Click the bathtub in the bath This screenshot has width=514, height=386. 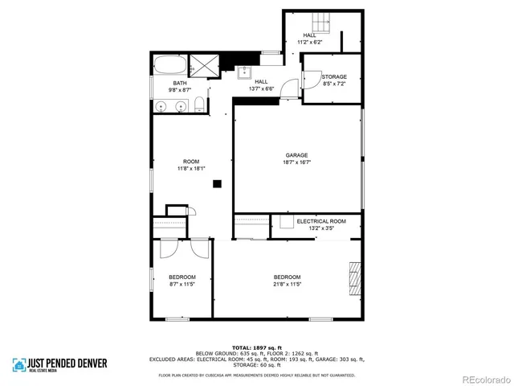(169, 64)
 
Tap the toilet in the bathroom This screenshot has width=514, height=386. (198, 105)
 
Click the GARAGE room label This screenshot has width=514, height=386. (297, 155)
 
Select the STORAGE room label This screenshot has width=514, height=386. (334, 77)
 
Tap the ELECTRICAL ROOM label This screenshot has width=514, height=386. (321, 221)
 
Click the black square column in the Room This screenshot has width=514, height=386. (216, 184)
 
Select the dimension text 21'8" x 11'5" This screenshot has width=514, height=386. (287, 284)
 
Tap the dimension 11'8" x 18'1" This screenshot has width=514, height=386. (191, 169)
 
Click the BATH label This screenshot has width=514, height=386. (179, 84)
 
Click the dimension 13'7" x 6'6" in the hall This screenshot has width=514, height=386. (262, 89)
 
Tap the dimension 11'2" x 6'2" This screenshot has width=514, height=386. (309, 42)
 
